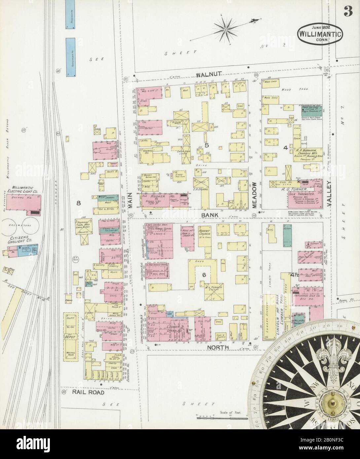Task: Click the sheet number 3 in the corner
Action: coord(347,12)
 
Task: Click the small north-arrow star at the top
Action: coord(226,30)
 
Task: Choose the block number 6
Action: coord(204,275)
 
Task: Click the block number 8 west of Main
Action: coord(79,203)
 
